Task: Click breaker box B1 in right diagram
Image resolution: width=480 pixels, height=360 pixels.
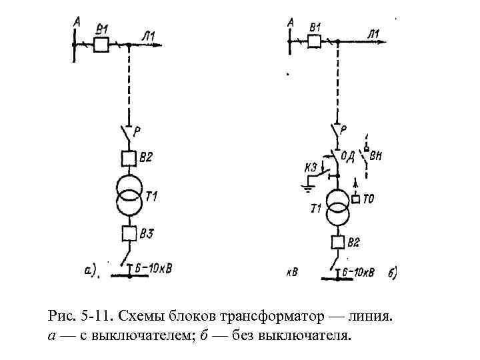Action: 314,41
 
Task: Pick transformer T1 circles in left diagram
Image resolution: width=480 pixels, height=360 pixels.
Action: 129,195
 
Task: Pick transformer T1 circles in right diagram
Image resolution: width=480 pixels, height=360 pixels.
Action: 338,208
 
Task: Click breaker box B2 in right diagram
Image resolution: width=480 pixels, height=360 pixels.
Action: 337,243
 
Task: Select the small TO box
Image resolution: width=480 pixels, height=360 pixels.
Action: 355,199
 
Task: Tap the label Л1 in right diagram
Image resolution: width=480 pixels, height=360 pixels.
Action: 373,33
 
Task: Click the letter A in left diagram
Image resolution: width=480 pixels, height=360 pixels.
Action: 77,23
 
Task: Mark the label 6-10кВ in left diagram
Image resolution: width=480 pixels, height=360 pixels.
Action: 153,269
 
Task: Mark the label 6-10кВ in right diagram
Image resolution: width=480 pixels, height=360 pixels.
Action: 358,272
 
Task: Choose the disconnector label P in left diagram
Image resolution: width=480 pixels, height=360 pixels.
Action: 137,131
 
